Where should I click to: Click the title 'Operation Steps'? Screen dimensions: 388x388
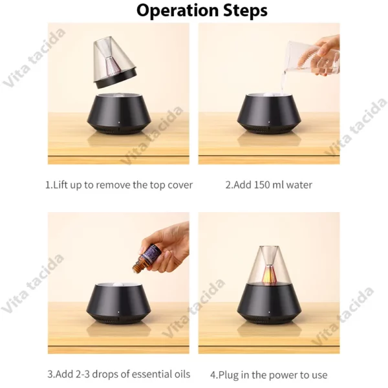[193, 11]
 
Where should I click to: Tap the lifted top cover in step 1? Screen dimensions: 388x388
[116, 63]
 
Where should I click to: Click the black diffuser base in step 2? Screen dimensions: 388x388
[269, 114]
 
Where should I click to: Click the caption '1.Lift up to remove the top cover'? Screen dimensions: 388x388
[119, 185]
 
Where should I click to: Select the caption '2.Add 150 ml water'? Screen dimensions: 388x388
[268, 185]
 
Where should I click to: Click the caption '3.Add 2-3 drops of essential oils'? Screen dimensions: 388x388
[119, 374]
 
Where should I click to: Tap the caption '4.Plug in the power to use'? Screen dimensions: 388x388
[268, 374]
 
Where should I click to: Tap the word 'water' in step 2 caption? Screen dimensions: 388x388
[299, 185]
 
